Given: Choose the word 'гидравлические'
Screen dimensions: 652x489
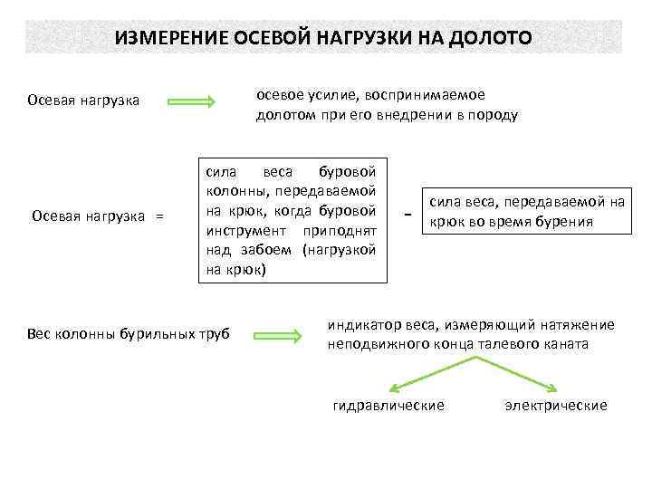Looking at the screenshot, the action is click(388, 406).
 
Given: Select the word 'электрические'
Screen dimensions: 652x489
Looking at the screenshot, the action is click(555, 406).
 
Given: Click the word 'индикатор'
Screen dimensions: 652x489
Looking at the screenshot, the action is click(360, 325).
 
